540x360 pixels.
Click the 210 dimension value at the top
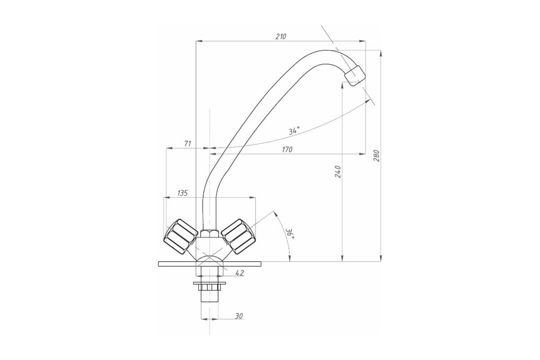[x=281, y=36]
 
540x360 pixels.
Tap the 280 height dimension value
[x=377, y=156]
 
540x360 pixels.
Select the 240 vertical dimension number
[x=338, y=172]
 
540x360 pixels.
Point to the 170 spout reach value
[x=287, y=149]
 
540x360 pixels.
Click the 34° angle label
[x=294, y=130]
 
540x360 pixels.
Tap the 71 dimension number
[x=188, y=144]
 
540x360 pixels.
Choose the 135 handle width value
[x=183, y=193]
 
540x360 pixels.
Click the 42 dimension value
[x=239, y=273]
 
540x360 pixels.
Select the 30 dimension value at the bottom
[x=238, y=316]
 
